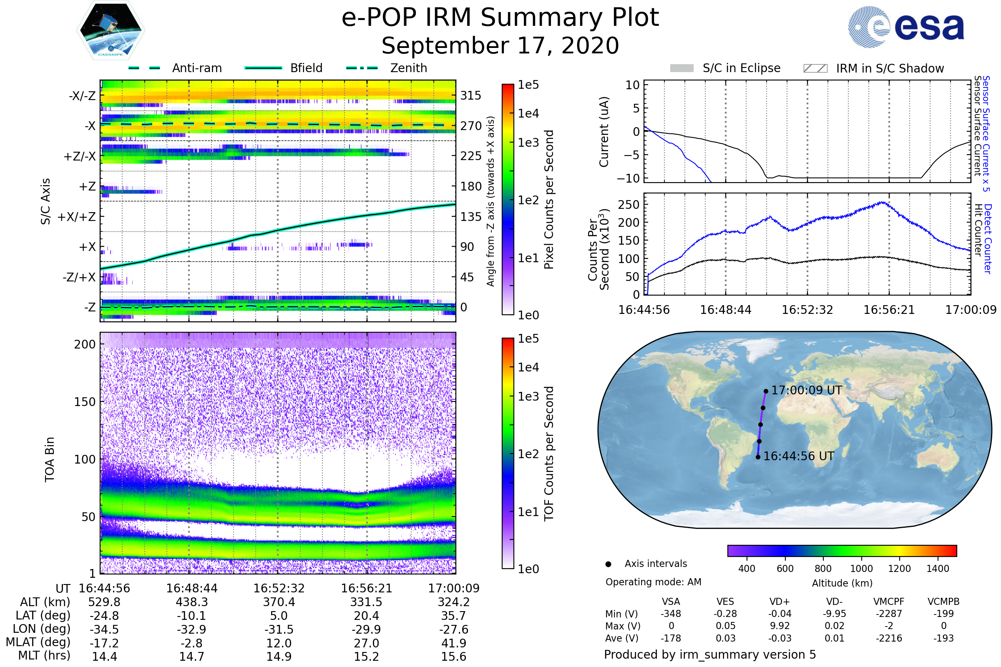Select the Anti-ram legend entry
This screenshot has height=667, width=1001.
click(175, 68)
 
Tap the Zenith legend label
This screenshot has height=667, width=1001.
click(408, 68)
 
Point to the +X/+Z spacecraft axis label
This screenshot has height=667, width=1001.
click(77, 217)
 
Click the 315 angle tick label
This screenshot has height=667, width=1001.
click(471, 96)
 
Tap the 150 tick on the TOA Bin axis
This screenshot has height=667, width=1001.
click(85, 402)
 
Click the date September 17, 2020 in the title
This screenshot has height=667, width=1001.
click(500, 46)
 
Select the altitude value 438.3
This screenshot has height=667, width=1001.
click(191, 602)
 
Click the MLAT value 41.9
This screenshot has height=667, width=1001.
click(454, 643)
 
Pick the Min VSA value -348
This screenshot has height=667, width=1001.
click(671, 614)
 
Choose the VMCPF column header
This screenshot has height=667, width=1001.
click(889, 602)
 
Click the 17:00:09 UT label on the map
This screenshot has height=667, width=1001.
click(807, 391)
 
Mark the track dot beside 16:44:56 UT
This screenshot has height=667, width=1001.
click(758, 457)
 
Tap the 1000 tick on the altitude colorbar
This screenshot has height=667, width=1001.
click(861, 569)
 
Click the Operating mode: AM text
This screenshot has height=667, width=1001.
click(653, 582)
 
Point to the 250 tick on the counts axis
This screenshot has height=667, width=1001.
click(629, 205)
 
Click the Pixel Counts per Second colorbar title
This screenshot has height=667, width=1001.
click(549, 200)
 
